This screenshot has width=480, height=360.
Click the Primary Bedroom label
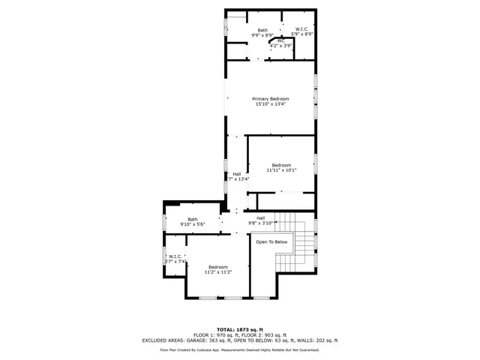270,99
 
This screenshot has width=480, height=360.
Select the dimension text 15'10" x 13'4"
270,104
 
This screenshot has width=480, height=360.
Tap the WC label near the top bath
280,40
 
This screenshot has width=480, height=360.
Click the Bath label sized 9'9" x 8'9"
241,29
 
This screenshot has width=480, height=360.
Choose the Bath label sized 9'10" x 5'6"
193,219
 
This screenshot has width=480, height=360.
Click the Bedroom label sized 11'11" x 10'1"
281,165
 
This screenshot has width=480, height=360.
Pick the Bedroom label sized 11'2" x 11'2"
218,267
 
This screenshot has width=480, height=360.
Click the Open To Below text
271,242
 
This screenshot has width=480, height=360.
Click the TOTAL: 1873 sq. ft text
240,329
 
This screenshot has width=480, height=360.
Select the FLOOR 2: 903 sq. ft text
262,334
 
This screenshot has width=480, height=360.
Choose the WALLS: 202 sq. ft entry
319,340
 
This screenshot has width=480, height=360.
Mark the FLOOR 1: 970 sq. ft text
216,334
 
